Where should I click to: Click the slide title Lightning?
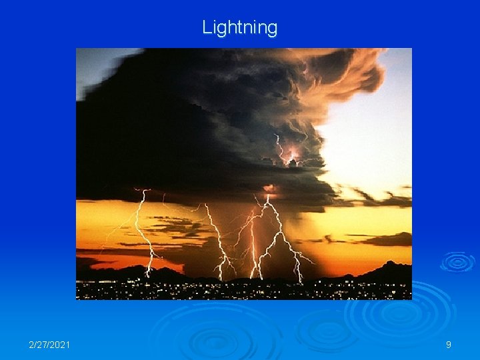239,27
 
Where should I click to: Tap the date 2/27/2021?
50,345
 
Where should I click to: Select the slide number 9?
448,345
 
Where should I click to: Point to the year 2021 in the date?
59,345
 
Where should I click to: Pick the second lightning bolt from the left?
217,237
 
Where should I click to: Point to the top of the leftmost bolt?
141,192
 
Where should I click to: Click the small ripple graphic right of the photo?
457,261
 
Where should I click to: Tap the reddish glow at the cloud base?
270,189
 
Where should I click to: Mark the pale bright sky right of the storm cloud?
373,147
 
